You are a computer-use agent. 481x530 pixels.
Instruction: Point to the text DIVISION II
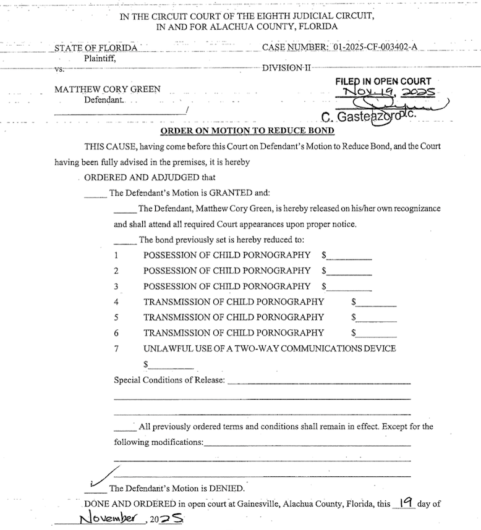pos(286,68)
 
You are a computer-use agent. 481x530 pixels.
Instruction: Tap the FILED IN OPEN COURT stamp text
pos(383,81)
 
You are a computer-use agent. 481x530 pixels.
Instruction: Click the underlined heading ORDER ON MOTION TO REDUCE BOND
pos(247,131)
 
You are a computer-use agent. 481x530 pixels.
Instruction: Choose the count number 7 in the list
pos(116,348)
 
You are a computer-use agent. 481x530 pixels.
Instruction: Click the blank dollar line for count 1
pos(349,257)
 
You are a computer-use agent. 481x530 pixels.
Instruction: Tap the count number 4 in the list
pos(116,301)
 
